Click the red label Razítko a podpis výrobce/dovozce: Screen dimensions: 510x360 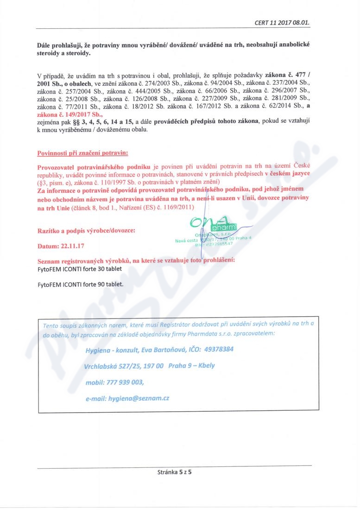[x=87, y=230]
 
